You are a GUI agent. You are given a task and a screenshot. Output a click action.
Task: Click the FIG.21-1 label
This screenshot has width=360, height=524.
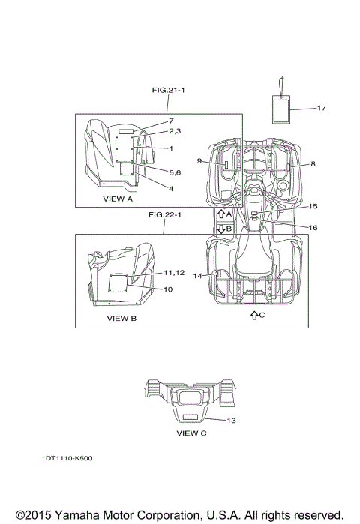tap(168, 90)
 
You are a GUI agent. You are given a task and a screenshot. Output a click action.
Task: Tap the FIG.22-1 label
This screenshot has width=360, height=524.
tap(165, 214)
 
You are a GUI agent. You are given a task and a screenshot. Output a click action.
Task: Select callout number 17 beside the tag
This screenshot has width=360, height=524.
tap(321, 108)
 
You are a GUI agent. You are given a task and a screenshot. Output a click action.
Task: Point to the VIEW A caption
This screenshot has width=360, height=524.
tap(118, 199)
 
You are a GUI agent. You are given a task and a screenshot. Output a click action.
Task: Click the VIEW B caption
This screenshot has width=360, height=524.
tap(121, 319)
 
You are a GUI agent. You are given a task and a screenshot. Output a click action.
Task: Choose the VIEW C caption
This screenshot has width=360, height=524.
tap(191, 433)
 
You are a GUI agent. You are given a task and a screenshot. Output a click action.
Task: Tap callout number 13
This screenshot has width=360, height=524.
tap(231, 421)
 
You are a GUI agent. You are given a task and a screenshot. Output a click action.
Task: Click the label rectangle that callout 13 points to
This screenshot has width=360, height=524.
tap(190, 417)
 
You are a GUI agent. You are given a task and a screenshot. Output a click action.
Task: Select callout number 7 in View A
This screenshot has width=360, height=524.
tap(171, 121)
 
